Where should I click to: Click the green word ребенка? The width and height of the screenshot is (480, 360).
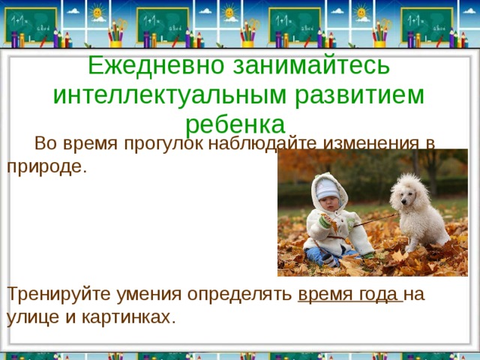click(235, 123)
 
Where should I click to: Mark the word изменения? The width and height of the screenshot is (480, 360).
click(373, 142)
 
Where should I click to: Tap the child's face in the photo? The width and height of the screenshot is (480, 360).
click(328, 197)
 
